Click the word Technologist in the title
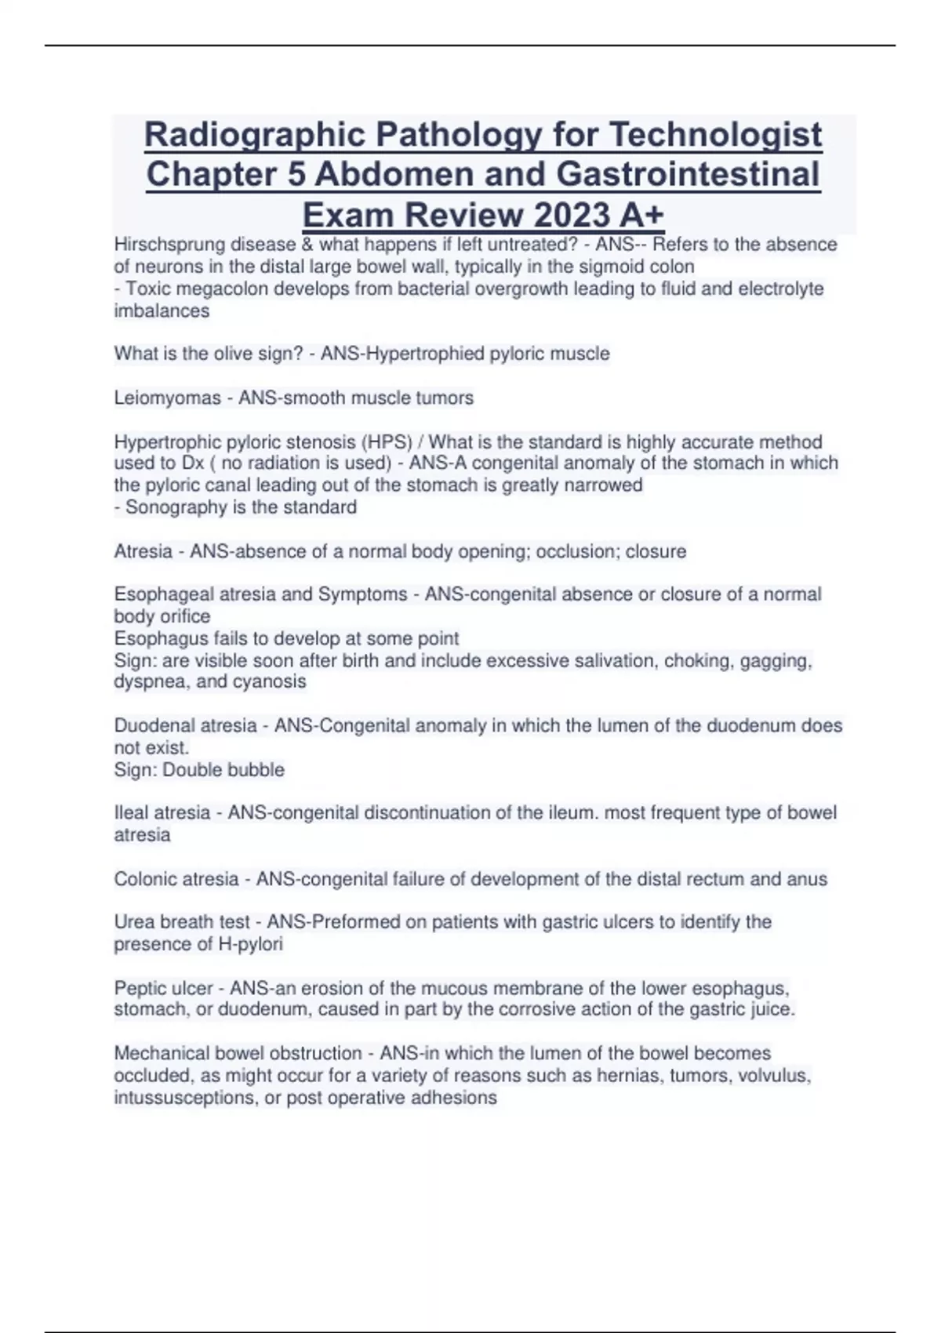point(715,135)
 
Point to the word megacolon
point(211,289)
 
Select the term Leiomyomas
point(167,398)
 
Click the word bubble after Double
point(256,770)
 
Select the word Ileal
point(131,813)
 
